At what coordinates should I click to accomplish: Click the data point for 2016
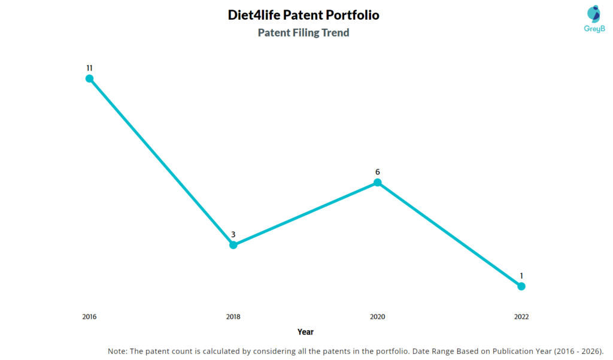(89, 78)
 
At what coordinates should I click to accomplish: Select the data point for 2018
(233, 245)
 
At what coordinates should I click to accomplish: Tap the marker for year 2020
(377, 183)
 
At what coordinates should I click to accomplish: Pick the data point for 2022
(521, 286)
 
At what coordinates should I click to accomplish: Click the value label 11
(89, 68)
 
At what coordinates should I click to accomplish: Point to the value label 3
(233, 234)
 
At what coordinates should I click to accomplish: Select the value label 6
(377, 172)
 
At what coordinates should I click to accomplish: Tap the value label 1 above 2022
(521, 276)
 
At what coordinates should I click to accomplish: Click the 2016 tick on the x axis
(89, 317)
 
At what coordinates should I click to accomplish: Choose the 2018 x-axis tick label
(233, 317)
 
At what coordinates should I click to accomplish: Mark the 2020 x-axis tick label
(377, 317)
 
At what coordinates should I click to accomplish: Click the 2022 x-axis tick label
(521, 317)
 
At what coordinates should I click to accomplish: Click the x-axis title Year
(305, 332)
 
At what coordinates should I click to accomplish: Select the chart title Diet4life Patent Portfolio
(304, 15)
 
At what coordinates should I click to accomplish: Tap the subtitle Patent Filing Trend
(304, 33)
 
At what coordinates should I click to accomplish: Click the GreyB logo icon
(593, 14)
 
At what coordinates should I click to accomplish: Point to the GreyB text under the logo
(593, 28)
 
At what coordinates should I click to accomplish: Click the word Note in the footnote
(117, 351)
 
